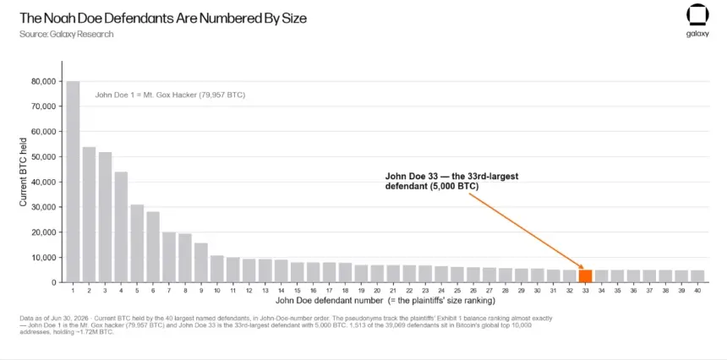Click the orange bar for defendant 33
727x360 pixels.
(x=585, y=275)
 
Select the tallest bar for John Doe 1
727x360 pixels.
(x=73, y=182)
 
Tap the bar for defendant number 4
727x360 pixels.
(x=121, y=227)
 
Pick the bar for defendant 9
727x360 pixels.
(x=200, y=263)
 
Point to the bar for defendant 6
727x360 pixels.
(x=153, y=247)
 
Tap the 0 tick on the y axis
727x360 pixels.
(x=55, y=282)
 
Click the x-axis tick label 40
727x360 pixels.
(x=697, y=290)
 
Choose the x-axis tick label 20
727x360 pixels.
(x=377, y=290)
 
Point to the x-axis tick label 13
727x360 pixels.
(x=265, y=290)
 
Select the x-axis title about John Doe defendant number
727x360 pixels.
(x=385, y=301)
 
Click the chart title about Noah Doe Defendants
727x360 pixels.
(x=163, y=18)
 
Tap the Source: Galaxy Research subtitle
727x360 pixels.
(x=66, y=35)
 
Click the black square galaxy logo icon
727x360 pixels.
(x=697, y=16)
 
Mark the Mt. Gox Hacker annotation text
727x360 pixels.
(x=170, y=95)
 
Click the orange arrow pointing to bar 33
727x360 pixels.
(x=526, y=231)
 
